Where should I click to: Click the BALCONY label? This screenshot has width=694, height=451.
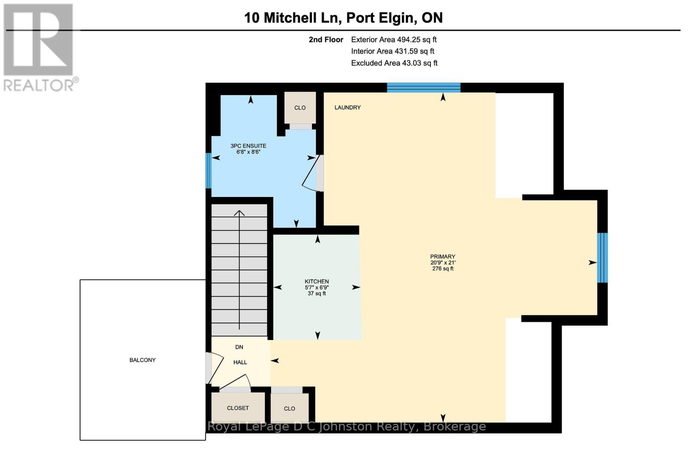click(x=142, y=360)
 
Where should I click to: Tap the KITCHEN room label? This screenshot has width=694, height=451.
click(x=317, y=281)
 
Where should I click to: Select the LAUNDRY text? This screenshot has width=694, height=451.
click(x=347, y=108)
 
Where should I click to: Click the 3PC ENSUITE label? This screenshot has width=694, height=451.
click(x=248, y=146)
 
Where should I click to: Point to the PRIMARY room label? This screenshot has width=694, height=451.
click(x=442, y=257)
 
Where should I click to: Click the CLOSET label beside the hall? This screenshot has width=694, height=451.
click(x=238, y=408)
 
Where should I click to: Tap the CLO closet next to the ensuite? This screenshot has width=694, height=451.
click(x=300, y=108)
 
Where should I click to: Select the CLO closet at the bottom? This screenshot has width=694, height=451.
click(x=289, y=409)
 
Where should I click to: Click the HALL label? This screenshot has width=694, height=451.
click(x=240, y=362)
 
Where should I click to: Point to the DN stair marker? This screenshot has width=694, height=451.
click(x=239, y=347)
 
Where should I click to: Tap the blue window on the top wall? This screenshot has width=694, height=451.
click(x=423, y=88)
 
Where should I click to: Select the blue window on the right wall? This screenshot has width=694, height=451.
click(x=602, y=258)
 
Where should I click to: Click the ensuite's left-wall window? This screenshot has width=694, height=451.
click(x=209, y=170)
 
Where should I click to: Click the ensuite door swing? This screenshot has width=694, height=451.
click(x=311, y=173)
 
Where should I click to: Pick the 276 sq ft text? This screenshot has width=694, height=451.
click(x=442, y=269)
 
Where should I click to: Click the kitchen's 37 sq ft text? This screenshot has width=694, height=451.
click(x=317, y=294)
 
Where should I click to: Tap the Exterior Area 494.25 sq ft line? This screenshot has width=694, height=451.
click(x=393, y=39)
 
